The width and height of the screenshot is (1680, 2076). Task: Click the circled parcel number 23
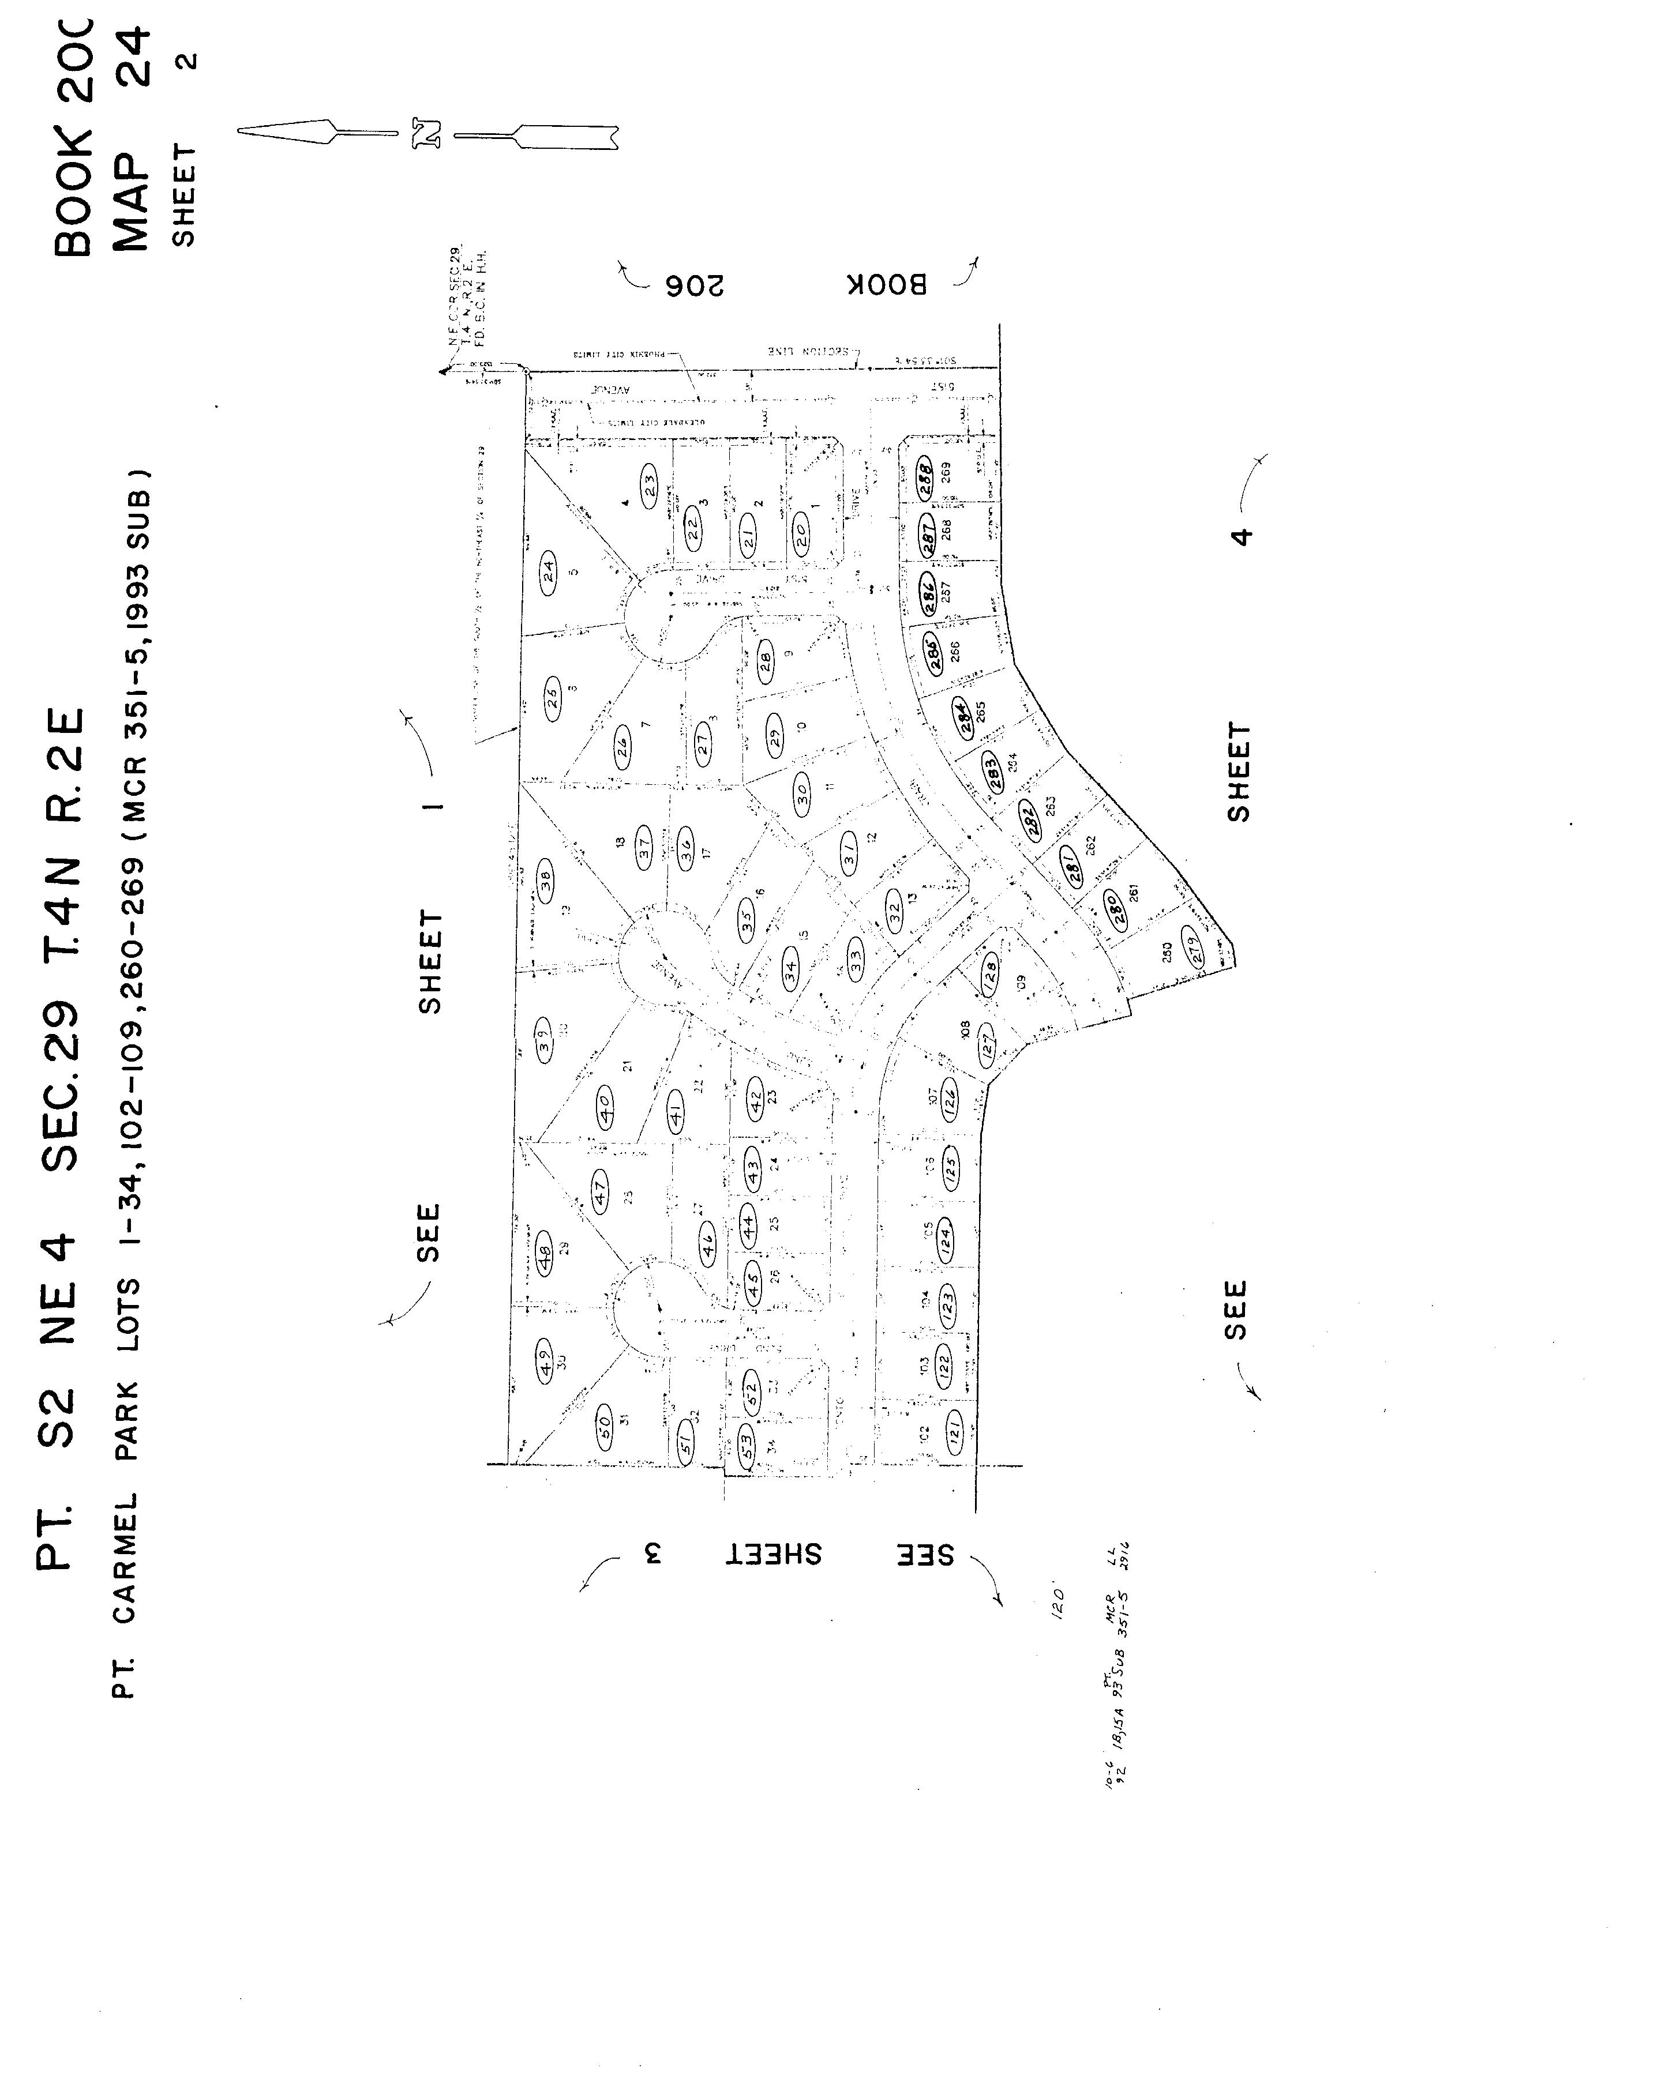tap(650, 481)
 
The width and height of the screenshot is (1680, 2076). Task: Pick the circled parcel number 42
tap(756, 1096)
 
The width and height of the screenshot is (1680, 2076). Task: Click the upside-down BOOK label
tap(887, 284)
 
